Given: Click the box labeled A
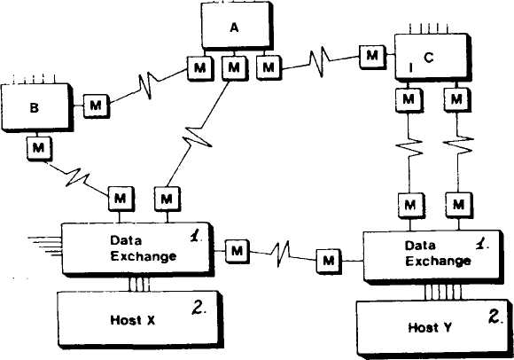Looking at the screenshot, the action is click(x=236, y=27).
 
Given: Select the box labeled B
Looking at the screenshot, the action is click(x=35, y=107).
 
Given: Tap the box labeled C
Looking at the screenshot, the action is click(x=432, y=57).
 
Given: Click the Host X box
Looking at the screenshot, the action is click(x=139, y=319).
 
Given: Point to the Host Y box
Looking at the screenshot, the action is click(x=433, y=328).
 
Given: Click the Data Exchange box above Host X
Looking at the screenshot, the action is click(x=137, y=248).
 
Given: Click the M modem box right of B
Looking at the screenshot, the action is click(x=97, y=106).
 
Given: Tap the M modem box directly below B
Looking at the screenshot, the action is click(x=39, y=148).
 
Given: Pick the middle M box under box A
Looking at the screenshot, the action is click(x=234, y=68).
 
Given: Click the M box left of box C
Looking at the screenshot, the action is click(x=372, y=56).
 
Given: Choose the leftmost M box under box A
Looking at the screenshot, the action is click(x=200, y=68).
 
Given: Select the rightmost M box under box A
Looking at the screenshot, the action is click(x=269, y=68).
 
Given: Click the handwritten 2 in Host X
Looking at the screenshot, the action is click(x=199, y=308).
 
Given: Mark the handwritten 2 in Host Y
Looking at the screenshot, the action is click(x=495, y=317).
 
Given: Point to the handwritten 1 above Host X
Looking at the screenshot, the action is click(x=196, y=235).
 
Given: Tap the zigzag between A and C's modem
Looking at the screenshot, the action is click(x=319, y=62).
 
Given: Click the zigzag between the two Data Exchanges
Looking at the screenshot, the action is click(x=281, y=254).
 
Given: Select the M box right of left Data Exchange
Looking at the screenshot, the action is click(x=238, y=251).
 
